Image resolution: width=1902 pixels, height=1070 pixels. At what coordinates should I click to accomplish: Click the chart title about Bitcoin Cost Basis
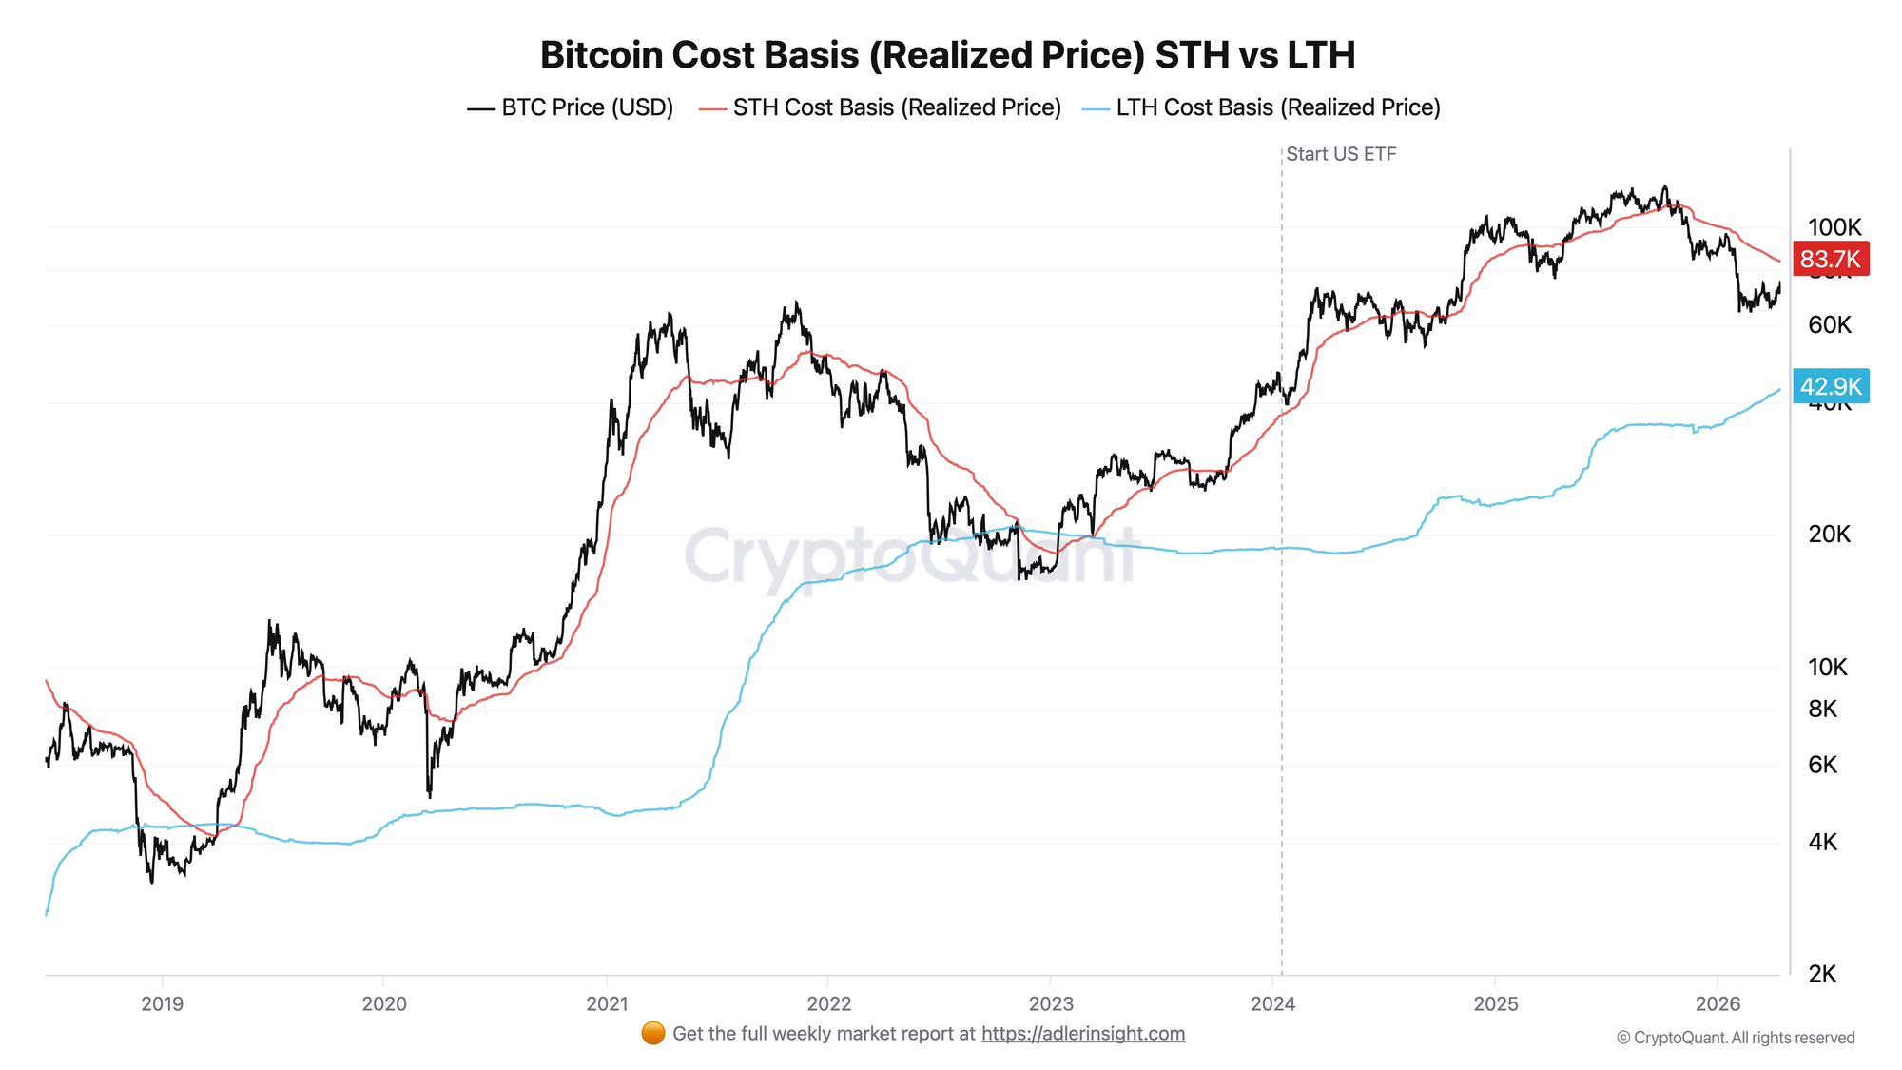pos(947,55)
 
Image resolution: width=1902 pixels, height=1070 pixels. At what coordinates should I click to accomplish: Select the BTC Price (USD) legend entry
pos(571,107)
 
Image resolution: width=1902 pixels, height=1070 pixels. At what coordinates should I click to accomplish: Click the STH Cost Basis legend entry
pos(881,107)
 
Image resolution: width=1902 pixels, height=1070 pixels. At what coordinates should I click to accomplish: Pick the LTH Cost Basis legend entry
pos(1262,107)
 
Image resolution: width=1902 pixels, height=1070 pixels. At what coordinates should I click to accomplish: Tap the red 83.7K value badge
pos(1830,259)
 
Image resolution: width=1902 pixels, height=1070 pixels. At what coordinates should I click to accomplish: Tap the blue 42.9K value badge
pos(1831,386)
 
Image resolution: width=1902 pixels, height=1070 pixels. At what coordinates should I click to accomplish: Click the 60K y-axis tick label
pos(1830,325)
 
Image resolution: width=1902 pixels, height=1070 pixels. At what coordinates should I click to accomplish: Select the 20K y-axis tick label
pos(1830,535)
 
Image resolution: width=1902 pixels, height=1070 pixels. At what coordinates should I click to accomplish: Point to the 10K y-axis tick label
pos(1828,668)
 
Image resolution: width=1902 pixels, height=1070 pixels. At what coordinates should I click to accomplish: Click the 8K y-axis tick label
pos(1823,709)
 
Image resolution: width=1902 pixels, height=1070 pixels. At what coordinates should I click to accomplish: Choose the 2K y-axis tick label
pos(1823,974)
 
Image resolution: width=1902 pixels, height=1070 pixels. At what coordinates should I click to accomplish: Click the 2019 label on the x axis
pos(162,1004)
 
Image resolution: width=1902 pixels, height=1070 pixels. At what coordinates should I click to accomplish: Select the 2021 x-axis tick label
pos(607,1004)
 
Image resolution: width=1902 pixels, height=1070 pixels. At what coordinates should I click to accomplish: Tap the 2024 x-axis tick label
pos(1272,1004)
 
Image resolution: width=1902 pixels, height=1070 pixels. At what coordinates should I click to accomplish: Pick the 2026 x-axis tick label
pos(1718,1004)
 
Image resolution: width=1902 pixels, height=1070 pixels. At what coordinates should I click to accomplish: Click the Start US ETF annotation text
pos(1341,154)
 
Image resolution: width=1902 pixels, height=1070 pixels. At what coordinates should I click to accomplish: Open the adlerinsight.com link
pos(1083,1034)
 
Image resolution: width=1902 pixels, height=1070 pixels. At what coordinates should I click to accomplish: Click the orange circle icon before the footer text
pos(653,1034)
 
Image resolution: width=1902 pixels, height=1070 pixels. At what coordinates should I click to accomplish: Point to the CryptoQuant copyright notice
pos(1736,1038)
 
